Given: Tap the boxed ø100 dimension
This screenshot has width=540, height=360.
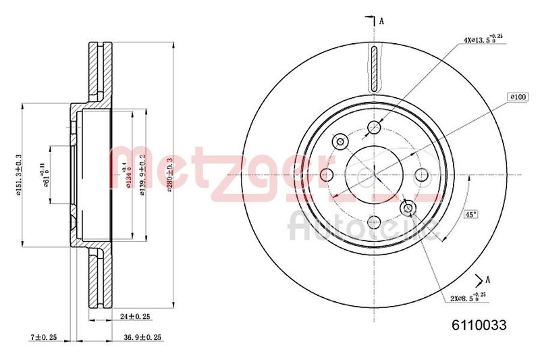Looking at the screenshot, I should click(518, 97).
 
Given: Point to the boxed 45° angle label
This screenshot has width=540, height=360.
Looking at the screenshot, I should click(470, 215).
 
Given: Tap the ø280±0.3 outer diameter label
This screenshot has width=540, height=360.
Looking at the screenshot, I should click(171, 174).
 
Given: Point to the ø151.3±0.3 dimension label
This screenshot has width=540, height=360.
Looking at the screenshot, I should click(20, 174).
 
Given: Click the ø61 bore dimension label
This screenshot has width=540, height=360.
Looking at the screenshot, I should click(47, 175).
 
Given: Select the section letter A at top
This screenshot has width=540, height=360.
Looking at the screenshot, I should click(381, 21).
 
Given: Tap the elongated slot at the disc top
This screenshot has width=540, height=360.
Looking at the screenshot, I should click(375, 69).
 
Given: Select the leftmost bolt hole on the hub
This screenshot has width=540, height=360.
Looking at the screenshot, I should click(327, 176).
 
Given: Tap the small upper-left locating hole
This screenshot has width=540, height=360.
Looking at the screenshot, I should click(341, 142).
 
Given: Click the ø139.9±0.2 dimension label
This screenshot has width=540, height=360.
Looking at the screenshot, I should click(142, 174).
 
